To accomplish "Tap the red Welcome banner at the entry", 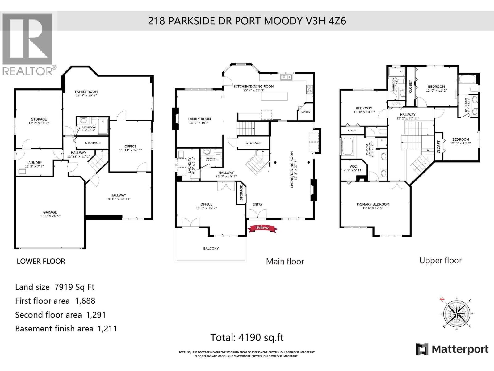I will [262, 228].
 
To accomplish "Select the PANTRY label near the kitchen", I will [305, 112].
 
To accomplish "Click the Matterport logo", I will [452, 349].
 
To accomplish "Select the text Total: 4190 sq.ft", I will [247, 337].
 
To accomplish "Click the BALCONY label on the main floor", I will [211, 249].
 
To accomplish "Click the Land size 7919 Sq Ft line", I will [55, 287].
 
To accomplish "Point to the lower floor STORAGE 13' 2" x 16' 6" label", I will [39, 121].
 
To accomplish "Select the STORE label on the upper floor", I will [396, 104].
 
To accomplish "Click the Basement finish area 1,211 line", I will [66, 328].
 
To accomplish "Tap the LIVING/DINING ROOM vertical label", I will [293, 169].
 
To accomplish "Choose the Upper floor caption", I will [440, 260].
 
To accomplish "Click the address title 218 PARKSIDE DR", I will [247, 21].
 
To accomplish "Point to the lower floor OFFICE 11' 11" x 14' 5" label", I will [130, 148].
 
